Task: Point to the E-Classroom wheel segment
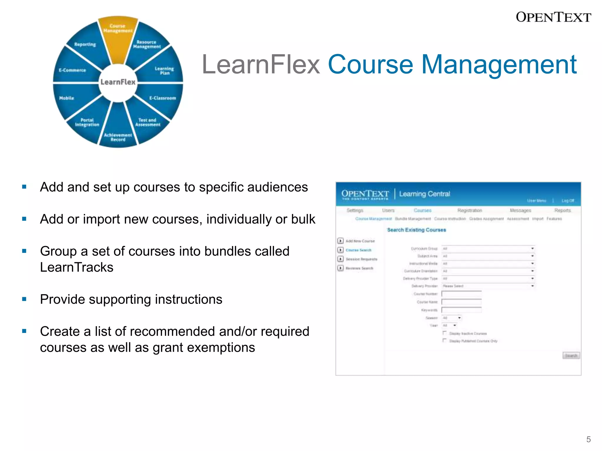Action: (163, 98)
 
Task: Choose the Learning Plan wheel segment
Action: (164, 70)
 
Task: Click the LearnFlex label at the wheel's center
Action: (118, 82)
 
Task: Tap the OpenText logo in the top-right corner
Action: (553, 17)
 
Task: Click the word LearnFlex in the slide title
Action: (261, 65)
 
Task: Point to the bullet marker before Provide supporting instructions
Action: (24, 299)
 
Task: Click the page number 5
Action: (588, 439)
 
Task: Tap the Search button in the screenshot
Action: (571, 356)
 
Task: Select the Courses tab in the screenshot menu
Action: (422, 210)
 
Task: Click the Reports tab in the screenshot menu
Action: (562, 210)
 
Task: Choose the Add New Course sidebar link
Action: (360, 241)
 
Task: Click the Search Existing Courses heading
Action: (416, 230)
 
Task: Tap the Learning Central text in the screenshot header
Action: (424, 194)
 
